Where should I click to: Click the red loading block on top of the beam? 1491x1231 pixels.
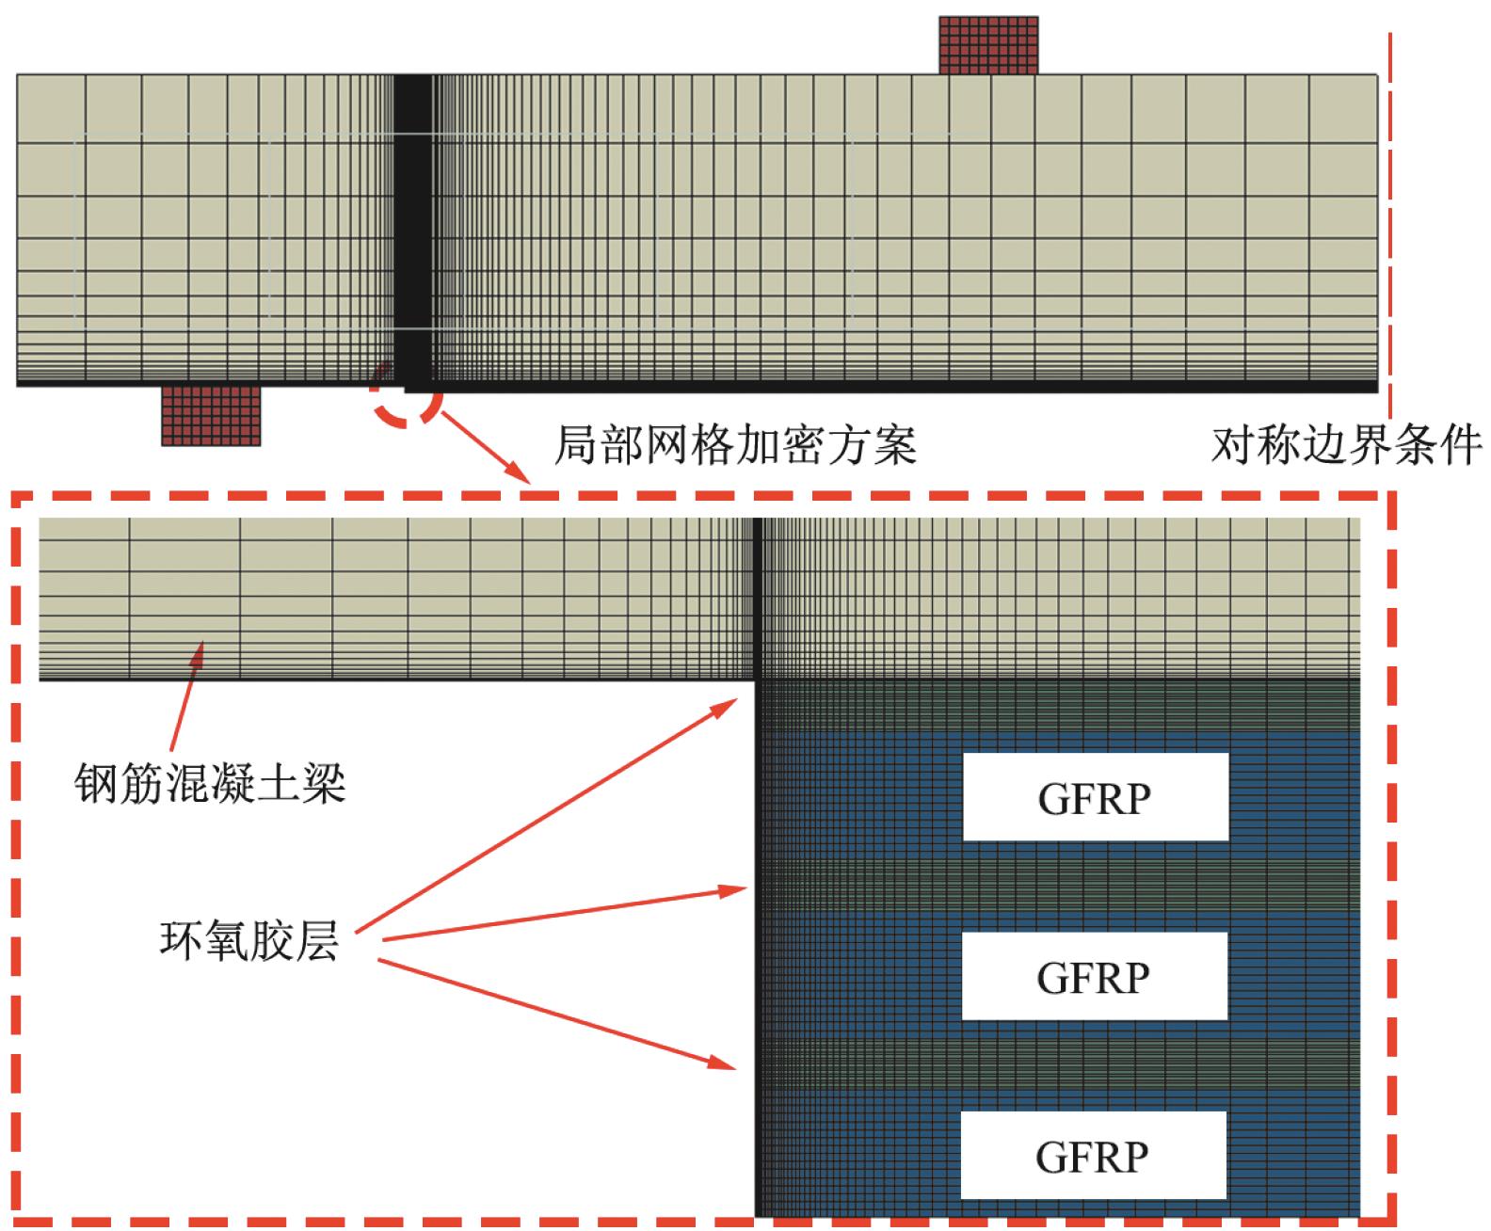(988, 44)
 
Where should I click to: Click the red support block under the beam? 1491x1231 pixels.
(210, 415)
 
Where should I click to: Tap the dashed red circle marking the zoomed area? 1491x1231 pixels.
(405, 399)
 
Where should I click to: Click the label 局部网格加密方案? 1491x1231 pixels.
(734, 445)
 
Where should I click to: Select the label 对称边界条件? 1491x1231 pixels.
(1346, 445)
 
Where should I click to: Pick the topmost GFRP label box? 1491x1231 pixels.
(1095, 798)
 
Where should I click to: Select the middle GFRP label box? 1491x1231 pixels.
(1094, 977)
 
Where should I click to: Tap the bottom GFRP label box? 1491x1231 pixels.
(1092, 1156)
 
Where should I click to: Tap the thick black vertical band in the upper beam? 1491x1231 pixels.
(411, 226)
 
